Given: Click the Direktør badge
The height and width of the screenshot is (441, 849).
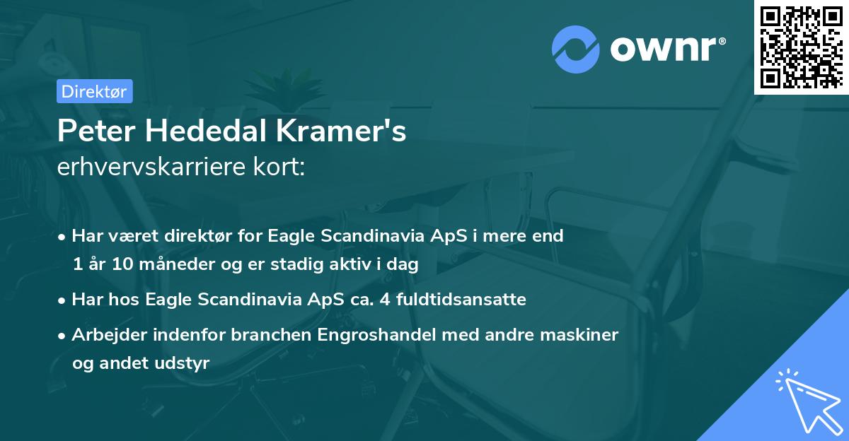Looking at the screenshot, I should click(x=93, y=91).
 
